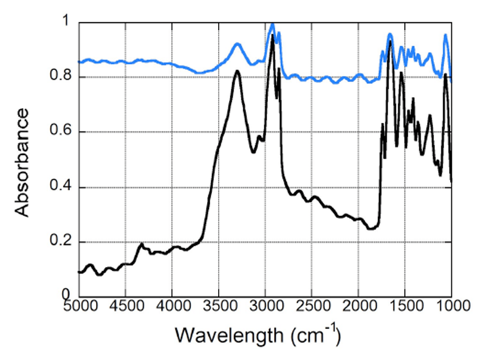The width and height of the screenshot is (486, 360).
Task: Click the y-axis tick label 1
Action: point(66,22)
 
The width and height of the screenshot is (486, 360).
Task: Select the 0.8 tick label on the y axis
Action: point(61,77)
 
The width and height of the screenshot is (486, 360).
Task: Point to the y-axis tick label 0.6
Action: point(61,132)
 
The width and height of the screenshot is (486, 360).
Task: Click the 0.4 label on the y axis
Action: point(61,187)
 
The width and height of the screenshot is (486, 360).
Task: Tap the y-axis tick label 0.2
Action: point(61,242)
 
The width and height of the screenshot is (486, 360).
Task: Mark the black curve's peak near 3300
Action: point(237,71)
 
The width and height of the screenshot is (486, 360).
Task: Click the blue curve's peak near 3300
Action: point(237,44)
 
